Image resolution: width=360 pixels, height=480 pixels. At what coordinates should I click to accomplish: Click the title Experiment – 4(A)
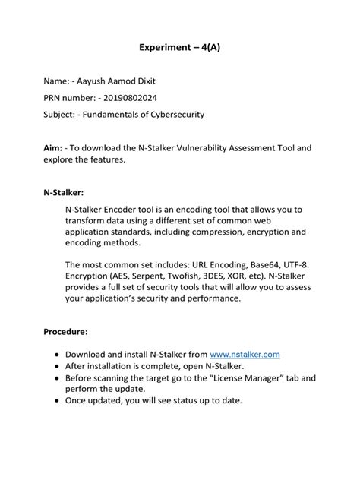[x=180, y=46]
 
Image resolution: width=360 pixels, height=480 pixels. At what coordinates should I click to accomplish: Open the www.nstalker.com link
[x=245, y=355]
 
